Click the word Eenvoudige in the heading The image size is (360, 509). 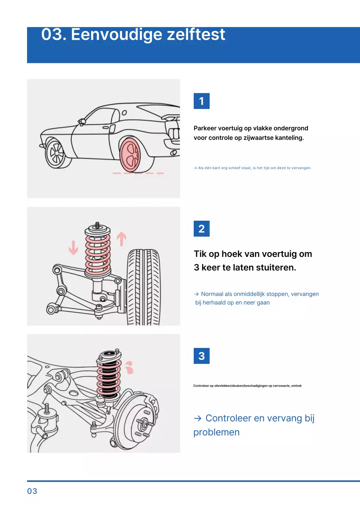coord(117,35)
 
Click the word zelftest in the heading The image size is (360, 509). coord(196,35)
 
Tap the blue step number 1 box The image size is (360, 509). coord(201,101)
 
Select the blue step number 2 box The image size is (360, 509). coord(201,229)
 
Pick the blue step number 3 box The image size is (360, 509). coord(201,356)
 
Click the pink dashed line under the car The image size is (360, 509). coord(138,173)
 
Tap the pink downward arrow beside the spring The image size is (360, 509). coord(73,248)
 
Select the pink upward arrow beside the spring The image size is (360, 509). coord(121,239)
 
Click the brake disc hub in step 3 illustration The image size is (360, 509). coord(142,424)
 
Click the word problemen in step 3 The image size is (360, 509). coord(216,432)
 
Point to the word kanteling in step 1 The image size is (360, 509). coord(289,138)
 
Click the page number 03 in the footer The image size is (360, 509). coord(32,491)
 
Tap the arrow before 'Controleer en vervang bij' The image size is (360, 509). coord(198,418)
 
